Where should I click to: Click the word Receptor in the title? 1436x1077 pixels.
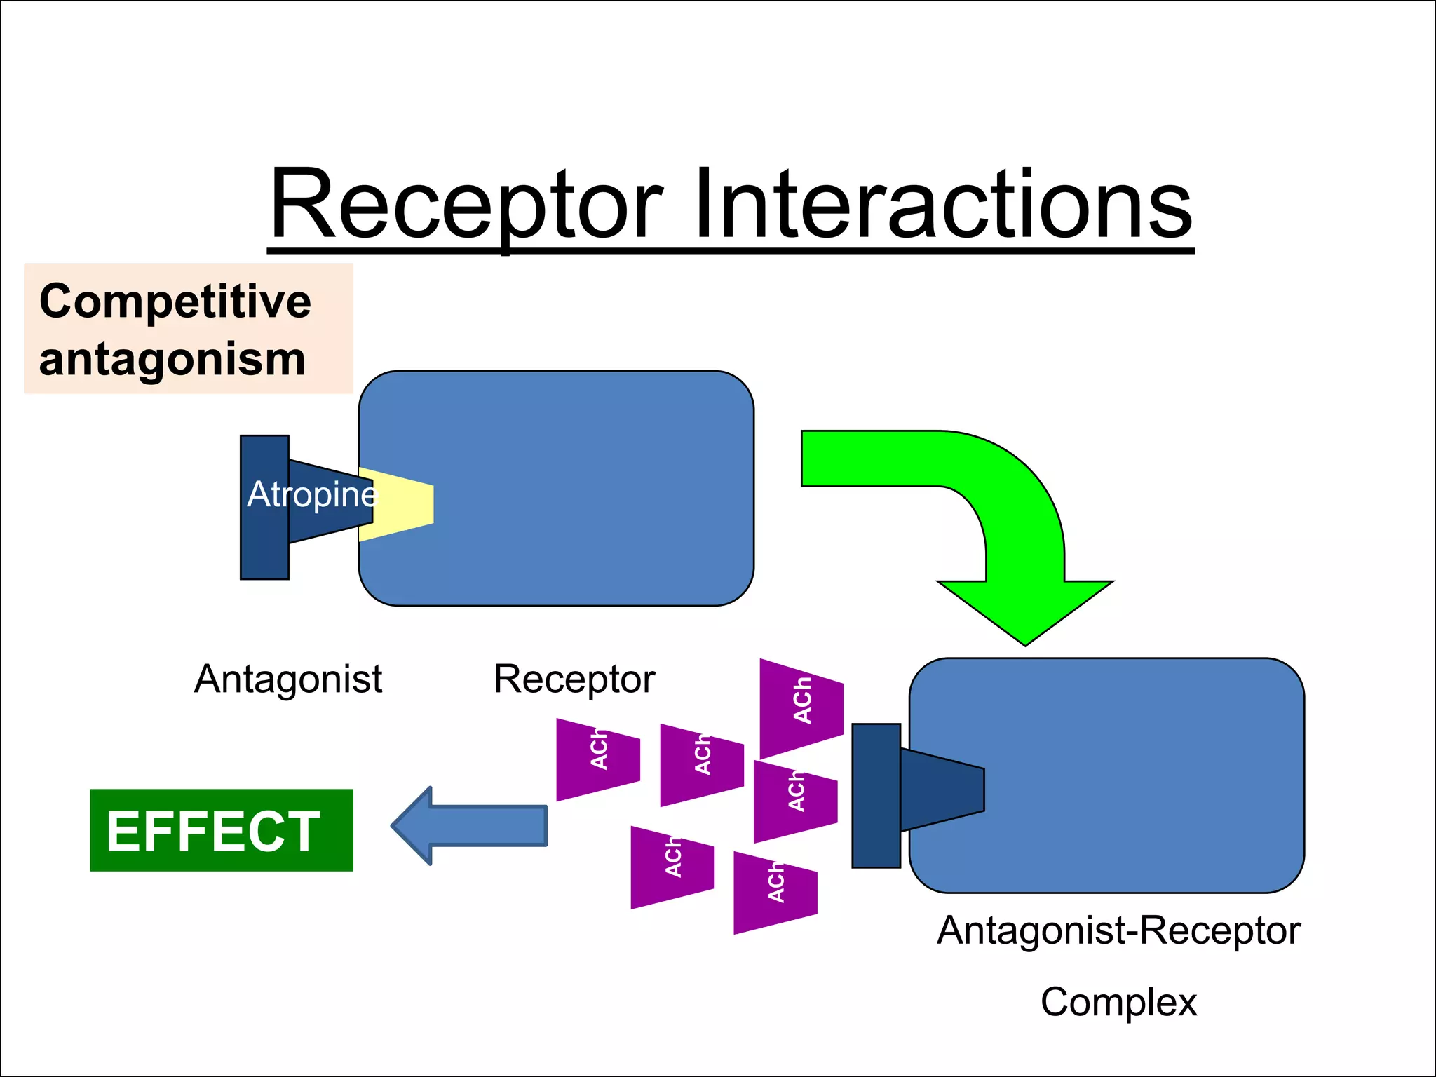pyautogui.click(x=466, y=207)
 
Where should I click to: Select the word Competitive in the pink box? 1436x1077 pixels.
pyautogui.click(x=175, y=302)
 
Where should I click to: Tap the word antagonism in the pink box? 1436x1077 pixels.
pyautogui.click(x=172, y=359)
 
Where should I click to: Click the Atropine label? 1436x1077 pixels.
pyautogui.click(x=313, y=495)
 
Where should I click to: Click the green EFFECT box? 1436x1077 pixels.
pyautogui.click(x=221, y=830)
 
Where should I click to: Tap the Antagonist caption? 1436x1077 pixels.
pyautogui.click(x=288, y=679)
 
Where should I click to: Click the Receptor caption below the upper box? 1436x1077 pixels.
pyautogui.click(x=574, y=679)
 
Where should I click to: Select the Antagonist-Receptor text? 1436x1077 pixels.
pyautogui.click(x=1118, y=931)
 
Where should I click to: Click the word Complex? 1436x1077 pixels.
pyautogui.click(x=1118, y=1002)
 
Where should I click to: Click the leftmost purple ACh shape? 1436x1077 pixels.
pyautogui.click(x=597, y=759)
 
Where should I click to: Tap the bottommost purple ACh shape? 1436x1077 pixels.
pyautogui.click(x=775, y=892)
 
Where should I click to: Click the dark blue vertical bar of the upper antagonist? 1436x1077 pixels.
pyautogui.click(x=264, y=507)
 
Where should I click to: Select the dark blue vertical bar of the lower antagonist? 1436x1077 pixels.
pyautogui.click(x=876, y=796)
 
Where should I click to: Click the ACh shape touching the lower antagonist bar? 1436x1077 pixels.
pyautogui.click(x=795, y=801)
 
